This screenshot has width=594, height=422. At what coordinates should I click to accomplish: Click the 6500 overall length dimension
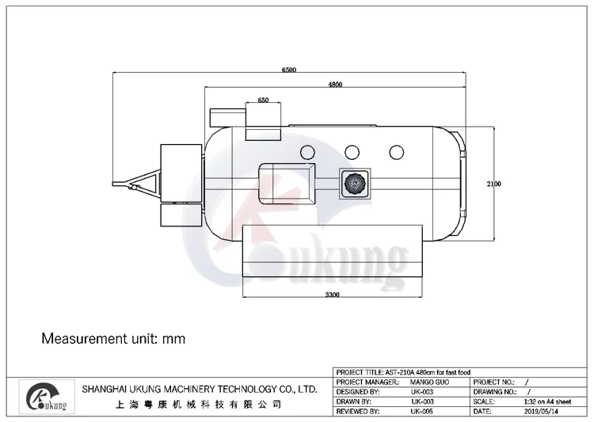coord(289,70)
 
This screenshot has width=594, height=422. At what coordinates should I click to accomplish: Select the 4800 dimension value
coord(335,85)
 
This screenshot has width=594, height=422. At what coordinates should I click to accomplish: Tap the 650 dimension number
coord(263,100)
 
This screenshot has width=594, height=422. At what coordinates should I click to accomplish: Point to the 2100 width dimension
coord(494,184)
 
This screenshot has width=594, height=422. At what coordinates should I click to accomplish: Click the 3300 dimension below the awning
coord(332,295)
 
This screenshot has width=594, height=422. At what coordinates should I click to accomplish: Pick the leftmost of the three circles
coord(307,152)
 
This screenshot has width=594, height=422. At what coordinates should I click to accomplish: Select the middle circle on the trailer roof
coord(352,152)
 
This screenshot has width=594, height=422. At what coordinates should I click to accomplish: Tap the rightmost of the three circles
coord(397,152)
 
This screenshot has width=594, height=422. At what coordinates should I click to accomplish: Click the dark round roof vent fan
coord(355,184)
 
